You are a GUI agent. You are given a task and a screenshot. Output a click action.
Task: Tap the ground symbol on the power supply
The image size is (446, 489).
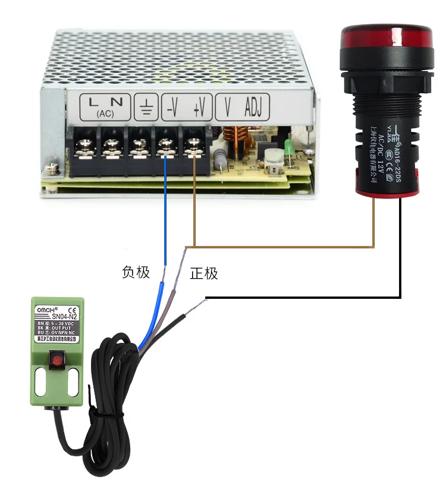click(146, 108)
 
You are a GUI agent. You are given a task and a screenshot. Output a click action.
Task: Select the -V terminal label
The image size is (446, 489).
click(172, 107)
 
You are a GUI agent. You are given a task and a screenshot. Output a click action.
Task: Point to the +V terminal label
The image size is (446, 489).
click(199, 107)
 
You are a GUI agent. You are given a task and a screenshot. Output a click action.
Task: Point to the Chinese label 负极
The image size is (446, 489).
click(136, 273)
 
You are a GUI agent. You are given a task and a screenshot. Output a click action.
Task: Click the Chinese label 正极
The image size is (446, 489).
click(204, 274)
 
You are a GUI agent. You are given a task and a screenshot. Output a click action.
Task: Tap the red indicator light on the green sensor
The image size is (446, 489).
click(56, 359)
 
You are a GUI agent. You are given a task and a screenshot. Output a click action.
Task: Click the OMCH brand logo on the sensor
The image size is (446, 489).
click(47, 310)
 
